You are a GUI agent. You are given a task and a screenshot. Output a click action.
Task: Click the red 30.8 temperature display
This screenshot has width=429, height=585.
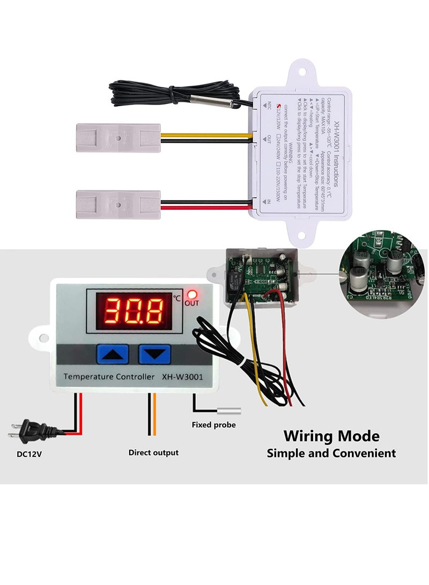pos(134,311)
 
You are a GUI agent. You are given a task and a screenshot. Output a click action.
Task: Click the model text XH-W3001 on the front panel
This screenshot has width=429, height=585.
pos(183,376)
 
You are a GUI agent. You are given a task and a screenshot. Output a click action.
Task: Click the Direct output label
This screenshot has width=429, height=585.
pos(153,453)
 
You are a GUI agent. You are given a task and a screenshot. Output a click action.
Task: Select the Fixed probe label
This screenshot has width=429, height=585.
pos(213,425)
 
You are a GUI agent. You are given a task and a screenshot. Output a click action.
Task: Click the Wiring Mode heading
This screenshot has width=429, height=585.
pos(331,435)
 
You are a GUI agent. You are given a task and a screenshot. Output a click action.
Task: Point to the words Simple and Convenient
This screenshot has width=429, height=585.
pos(331,453)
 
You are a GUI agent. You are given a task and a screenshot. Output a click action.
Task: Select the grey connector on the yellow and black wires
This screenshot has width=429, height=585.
pos(118,138)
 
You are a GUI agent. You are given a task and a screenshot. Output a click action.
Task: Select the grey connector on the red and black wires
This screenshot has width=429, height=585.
pos(118,204)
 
